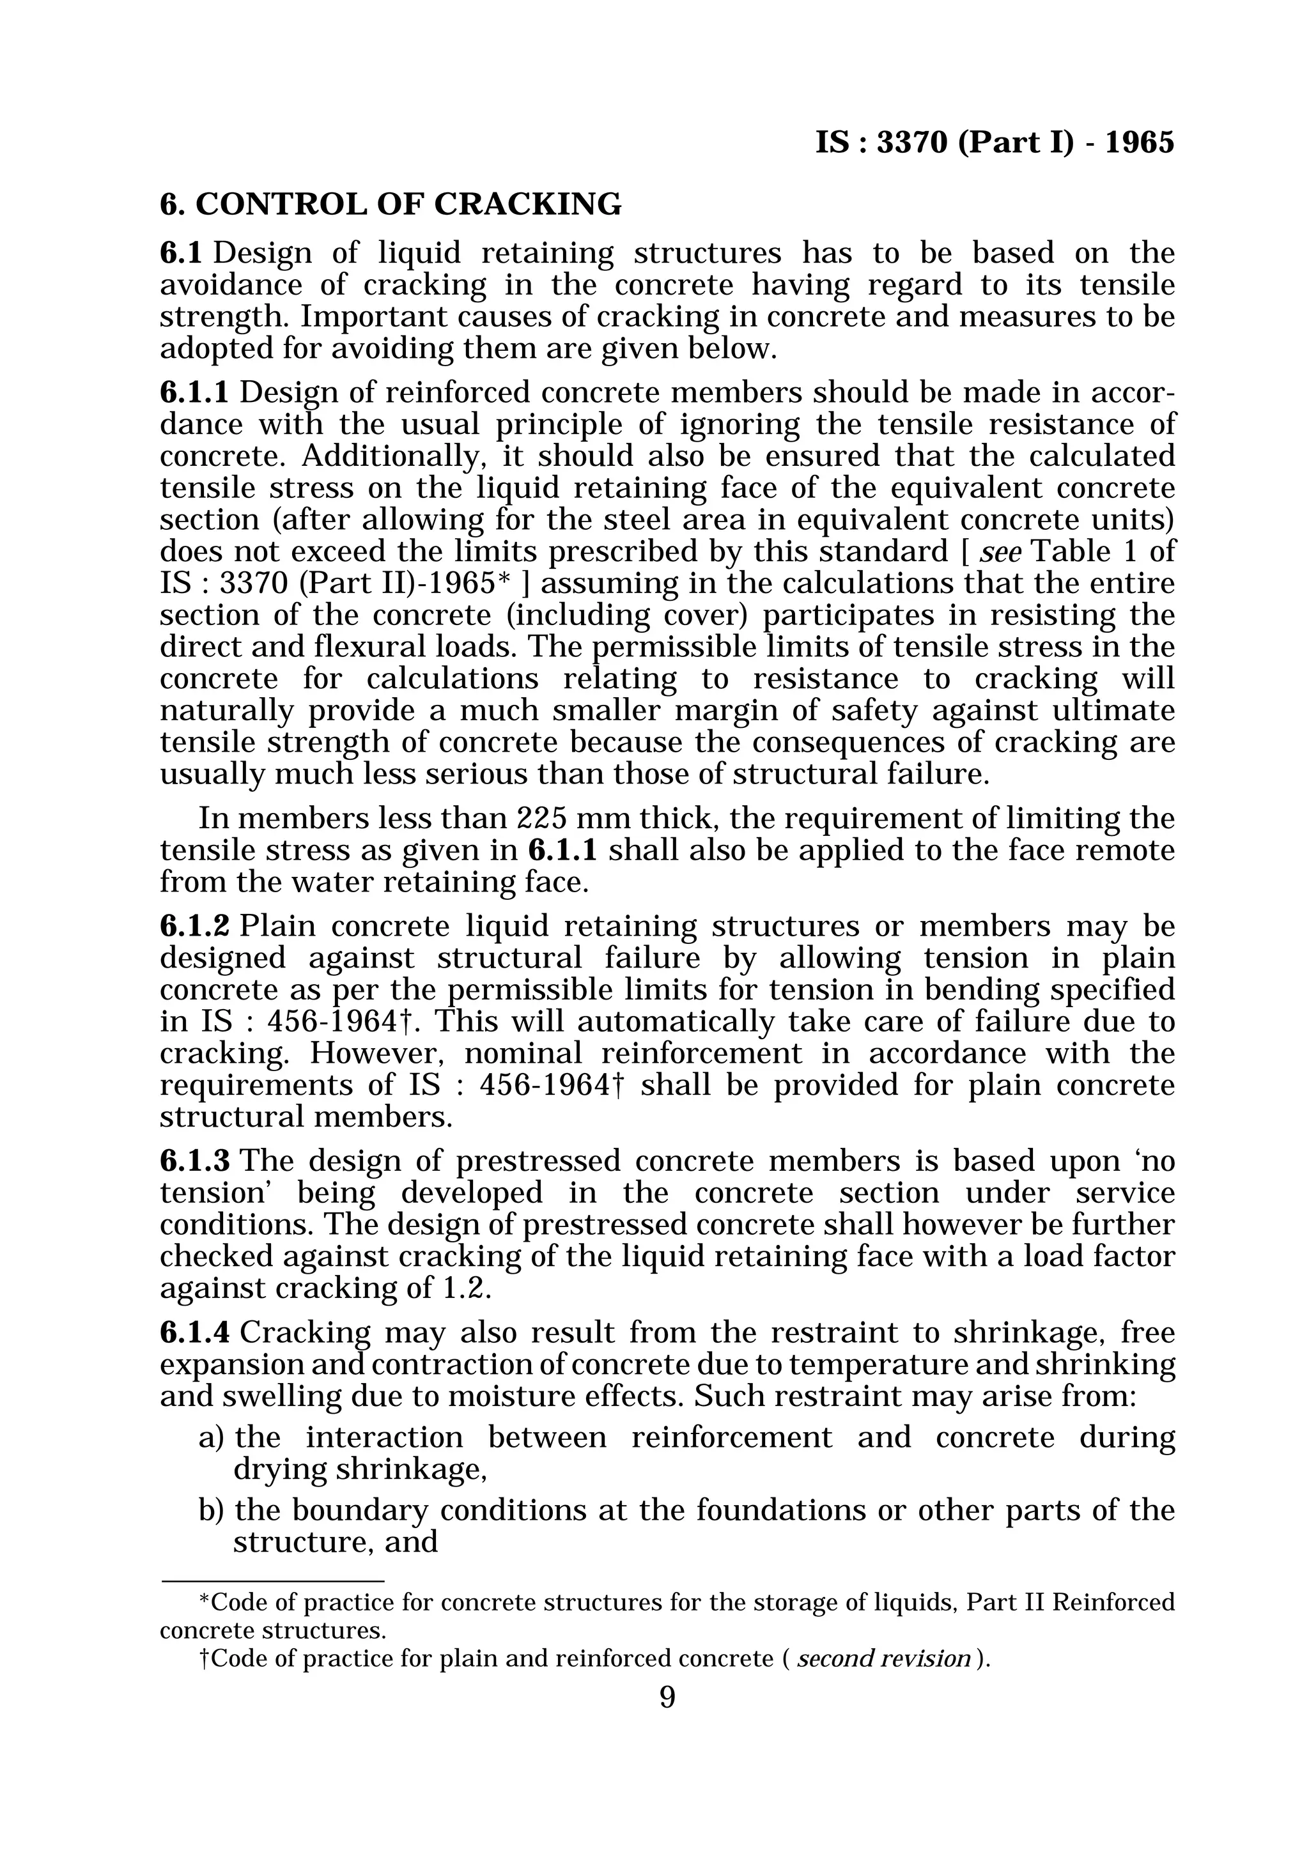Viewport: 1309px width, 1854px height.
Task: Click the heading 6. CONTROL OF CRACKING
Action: coord(391,205)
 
